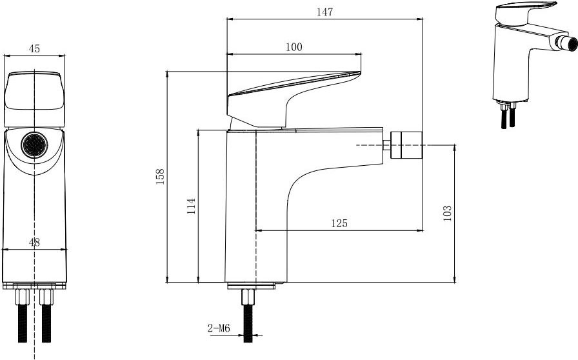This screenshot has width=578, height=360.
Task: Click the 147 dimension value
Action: [324, 12]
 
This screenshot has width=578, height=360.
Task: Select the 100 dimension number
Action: [294, 47]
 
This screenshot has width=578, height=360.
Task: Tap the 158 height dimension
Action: [160, 177]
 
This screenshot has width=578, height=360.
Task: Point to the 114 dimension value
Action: [191, 206]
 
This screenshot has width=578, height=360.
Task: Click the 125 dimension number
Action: [339, 223]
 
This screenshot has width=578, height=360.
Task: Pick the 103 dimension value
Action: [447, 213]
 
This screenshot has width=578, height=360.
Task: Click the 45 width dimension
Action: [34, 48]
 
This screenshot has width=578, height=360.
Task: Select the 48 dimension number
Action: [34, 243]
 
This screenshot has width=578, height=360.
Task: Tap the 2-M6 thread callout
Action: [219, 328]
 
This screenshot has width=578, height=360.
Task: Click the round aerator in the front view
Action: [34, 145]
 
